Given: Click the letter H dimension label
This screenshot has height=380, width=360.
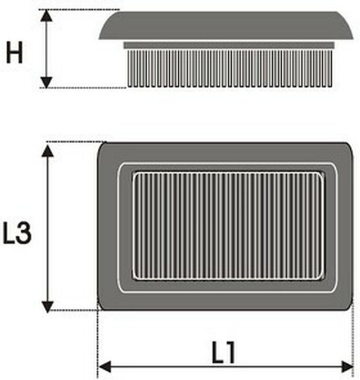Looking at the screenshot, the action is pyautogui.click(x=14, y=53).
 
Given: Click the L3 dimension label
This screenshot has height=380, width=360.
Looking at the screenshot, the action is pyautogui.click(x=17, y=233).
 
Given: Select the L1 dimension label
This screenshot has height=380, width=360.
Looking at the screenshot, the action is pyautogui.click(x=223, y=353).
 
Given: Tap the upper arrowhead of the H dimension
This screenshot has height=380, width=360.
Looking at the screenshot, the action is pyautogui.click(x=46, y=15).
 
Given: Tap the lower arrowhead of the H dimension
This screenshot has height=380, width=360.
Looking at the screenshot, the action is pyautogui.click(x=46, y=82).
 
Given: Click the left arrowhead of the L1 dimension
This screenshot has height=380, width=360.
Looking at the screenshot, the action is pyautogui.click(x=105, y=367).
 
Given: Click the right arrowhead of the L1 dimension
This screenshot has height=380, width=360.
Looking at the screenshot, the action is pyautogui.click(x=347, y=367).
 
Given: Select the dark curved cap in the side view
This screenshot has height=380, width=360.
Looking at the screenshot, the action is pyautogui.click(x=226, y=25).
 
